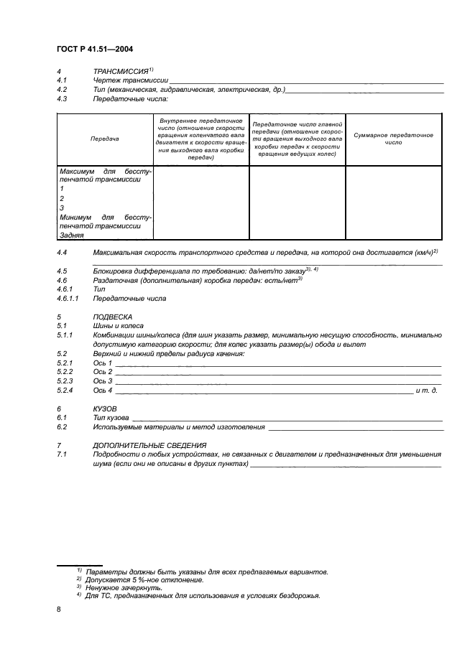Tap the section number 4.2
tap(62, 90)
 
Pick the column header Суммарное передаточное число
tap(393, 139)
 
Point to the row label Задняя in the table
tap(72, 235)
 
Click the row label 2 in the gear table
tap(63, 198)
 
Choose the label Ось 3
tap(103, 381)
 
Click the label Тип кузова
tap(111, 417)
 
